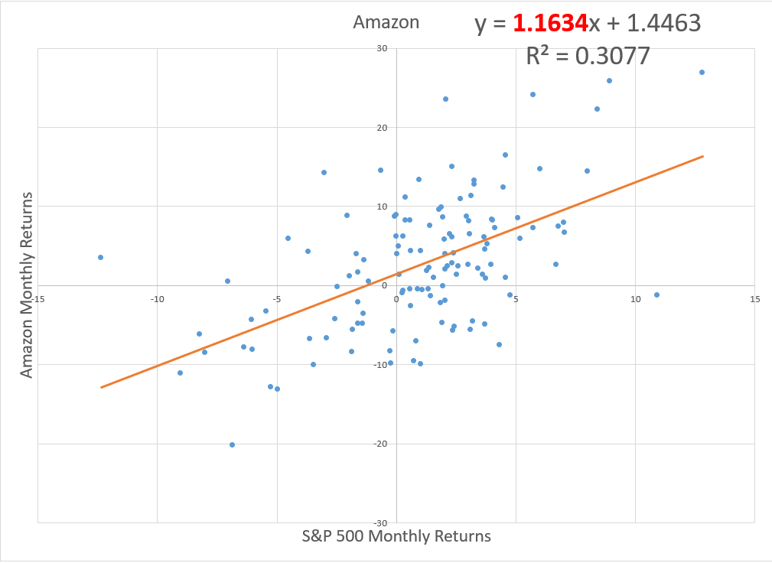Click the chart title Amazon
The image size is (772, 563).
386,22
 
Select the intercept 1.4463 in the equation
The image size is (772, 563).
663,23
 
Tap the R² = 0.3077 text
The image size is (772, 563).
588,55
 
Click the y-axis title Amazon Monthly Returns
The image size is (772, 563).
27,285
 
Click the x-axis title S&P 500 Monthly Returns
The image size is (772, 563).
396,535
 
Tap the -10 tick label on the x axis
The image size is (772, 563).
157,299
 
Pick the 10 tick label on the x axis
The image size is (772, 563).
635,299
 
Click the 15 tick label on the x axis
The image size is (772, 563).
754,299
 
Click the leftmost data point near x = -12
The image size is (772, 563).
100,257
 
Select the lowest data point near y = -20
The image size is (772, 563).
232,444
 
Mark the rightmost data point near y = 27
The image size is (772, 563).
702,72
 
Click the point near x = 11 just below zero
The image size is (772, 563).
656,295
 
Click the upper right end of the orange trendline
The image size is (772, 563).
702,156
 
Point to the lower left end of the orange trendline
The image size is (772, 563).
101,387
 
